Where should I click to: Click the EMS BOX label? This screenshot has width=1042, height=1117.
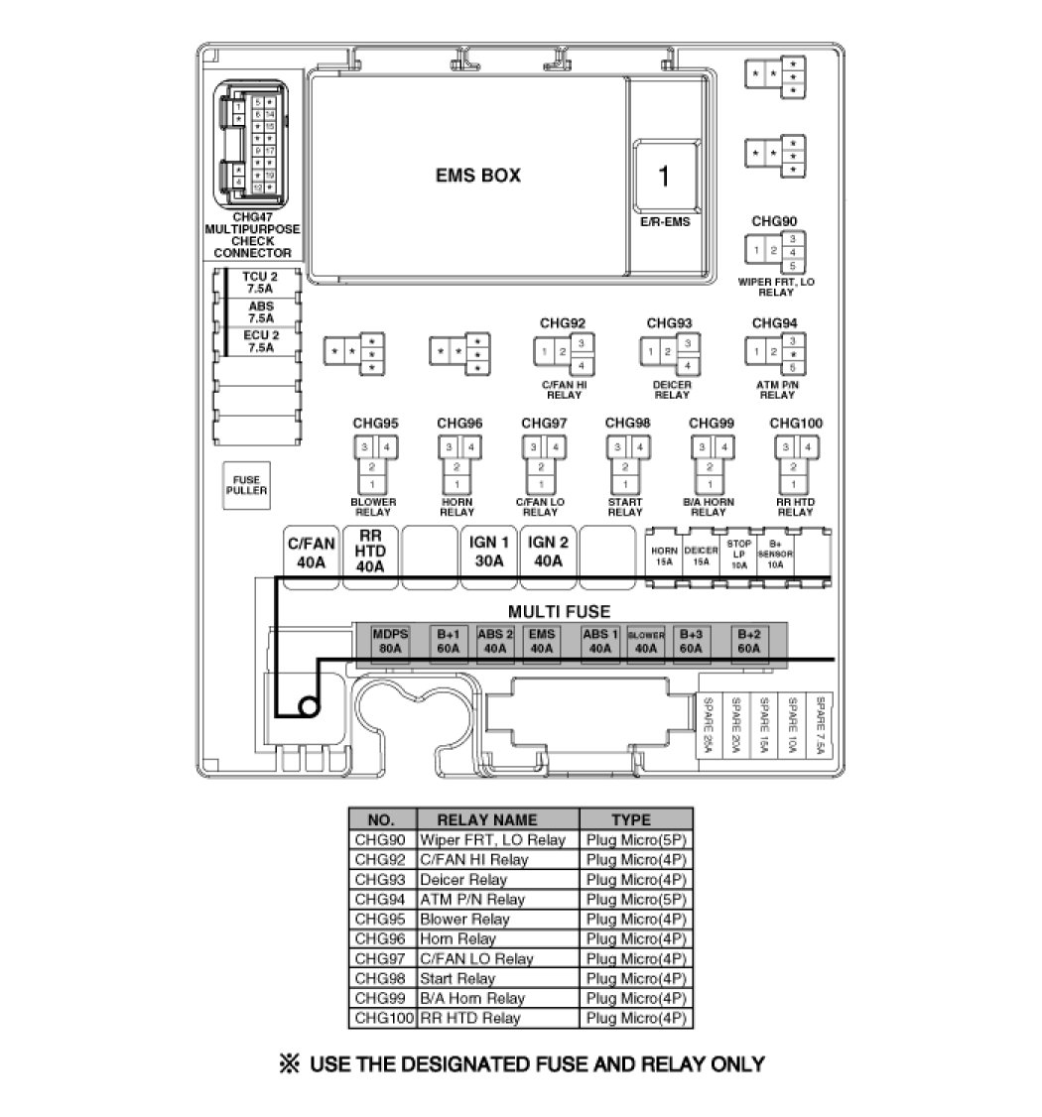point(477,176)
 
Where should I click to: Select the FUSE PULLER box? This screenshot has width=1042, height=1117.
point(245,485)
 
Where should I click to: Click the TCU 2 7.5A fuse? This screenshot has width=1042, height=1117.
point(261,282)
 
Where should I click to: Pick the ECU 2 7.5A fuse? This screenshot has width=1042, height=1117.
point(261,342)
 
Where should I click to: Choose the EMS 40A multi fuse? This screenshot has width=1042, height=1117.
point(541,642)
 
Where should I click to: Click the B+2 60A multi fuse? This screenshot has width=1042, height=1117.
point(749,642)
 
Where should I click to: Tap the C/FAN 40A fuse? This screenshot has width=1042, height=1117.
point(311,553)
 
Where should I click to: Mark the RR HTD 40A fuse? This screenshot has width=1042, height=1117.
point(369,553)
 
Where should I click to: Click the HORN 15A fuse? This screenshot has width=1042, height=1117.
point(664,557)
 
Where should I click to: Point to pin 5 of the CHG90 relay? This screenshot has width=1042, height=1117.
point(792,266)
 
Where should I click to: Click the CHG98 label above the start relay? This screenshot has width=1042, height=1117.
point(627,424)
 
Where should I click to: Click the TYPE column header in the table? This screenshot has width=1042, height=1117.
point(631,819)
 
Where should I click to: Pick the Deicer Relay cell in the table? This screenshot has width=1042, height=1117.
point(463,879)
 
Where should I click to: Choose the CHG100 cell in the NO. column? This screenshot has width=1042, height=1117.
point(382,1018)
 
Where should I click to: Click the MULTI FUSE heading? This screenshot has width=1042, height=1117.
point(559,612)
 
